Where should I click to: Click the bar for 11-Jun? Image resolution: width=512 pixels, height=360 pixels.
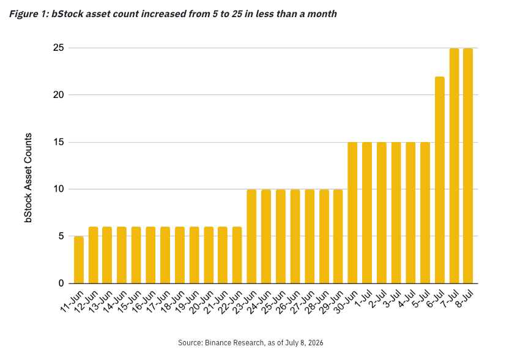click(79, 260)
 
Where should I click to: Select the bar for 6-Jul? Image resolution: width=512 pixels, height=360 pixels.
click(439, 180)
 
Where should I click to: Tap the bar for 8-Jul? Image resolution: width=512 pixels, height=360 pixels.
click(468, 166)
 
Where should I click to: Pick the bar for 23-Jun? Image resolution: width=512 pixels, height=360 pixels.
click(251, 236)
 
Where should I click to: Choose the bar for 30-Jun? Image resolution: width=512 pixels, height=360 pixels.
click(353, 212)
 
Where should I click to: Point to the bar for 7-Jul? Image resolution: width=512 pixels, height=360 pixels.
click(454, 166)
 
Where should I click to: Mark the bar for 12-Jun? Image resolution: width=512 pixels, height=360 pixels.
click(94, 255)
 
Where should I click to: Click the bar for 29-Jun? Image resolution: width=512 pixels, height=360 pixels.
click(338, 236)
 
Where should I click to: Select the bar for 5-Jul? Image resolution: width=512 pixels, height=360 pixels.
click(425, 212)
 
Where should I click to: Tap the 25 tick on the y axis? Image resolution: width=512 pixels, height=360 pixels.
click(59, 48)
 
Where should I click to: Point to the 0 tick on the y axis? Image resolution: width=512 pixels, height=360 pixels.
click(61, 283)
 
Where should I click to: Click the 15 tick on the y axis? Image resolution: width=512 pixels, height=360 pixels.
click(59, 142)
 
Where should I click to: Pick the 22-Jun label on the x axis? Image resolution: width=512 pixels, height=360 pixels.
click(230, 302)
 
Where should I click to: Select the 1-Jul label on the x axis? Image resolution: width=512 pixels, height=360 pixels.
click(363, 299)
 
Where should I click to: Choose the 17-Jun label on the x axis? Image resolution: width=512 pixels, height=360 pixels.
click(158, 302)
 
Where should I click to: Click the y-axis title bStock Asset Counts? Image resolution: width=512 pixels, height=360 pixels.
click(28, 178)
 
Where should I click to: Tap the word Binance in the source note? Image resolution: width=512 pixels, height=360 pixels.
click(215, 343)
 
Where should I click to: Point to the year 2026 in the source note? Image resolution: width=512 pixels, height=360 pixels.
click(316, 343)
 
